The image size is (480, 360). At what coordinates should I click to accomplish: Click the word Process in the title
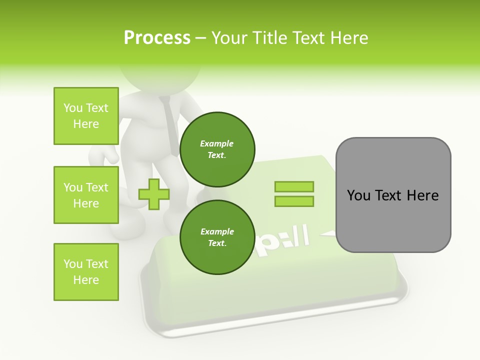point(157,38)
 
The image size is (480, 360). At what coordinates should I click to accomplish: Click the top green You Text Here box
point(86,116)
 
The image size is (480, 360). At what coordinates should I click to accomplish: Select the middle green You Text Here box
point(86,195)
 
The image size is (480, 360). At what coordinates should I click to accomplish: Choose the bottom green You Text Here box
point(86,272)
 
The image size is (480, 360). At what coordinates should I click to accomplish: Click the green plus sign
point(154,194)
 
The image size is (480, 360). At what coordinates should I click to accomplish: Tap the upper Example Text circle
point(217,149)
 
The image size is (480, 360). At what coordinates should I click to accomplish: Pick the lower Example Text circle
point(217,237)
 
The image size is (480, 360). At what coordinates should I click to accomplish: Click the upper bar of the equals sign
point(294,187)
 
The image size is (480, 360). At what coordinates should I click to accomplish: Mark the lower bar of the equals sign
point(294,201)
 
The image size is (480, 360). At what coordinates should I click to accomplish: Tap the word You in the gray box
point(358,195)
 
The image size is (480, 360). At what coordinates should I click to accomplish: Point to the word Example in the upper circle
point(217,143)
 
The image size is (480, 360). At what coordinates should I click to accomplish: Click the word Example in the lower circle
point(217,231)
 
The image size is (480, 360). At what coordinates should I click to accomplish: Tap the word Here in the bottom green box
point(86,280)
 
